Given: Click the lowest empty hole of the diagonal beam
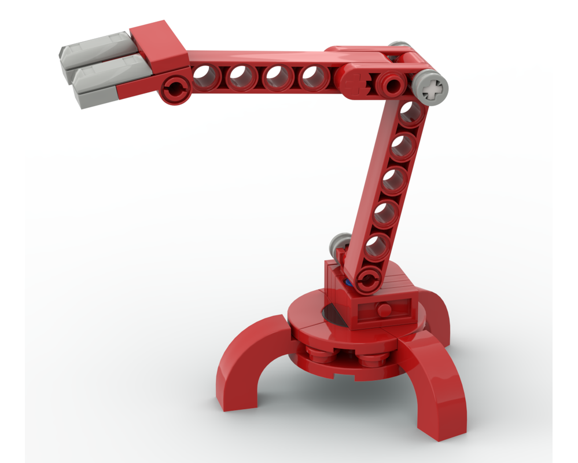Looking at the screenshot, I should [377, 246].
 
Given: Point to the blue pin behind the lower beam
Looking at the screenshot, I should [348, 282].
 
